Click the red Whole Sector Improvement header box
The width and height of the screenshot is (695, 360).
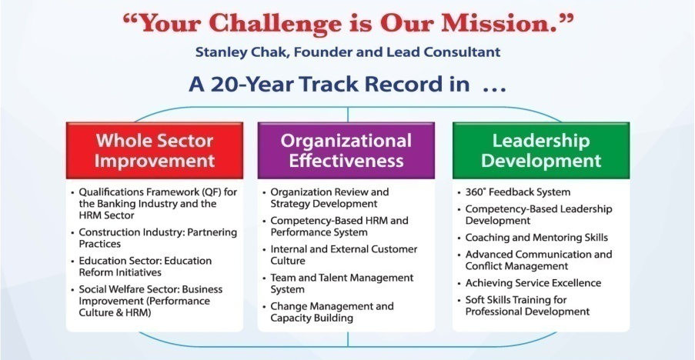coord(155,151)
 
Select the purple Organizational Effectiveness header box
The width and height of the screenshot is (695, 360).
coord(346,151)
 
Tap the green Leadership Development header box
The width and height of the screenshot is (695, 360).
coord(541,151)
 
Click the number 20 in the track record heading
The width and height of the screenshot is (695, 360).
coord(226,84)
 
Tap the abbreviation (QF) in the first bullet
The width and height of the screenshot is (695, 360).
coord(212,192)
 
